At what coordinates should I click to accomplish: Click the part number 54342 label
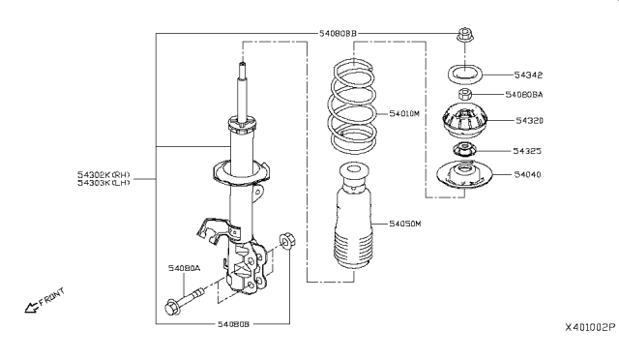pyautogui.click(x=528, y=75)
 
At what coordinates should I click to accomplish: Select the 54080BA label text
pyautogui.click(x=524, y=95)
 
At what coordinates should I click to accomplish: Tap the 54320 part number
pyautogui.click(x=529, y=121)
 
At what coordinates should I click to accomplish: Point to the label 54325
pyautogui.click(x=527, y=151)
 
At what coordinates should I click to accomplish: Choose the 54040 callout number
pyautogui.click(x=527, y=174)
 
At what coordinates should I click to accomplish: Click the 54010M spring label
pyautogui.click(x=404, y=114)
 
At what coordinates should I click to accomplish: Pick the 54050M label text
pyautogui.click(x=405, y=224)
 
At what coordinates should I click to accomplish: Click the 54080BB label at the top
pyautogui.click(x=338, y=33)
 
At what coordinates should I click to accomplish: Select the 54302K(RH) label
pyautogui.click(x=103, y=174)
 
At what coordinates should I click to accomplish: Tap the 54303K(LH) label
pyautogui.click(x=103, y=183)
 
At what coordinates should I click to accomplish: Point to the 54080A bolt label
pyautogui.click(x=185, y=269)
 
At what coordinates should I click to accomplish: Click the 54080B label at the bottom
pyautogui.click(x=234, y=324)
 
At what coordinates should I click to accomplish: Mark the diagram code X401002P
pyautogui.click(x=590, y=328)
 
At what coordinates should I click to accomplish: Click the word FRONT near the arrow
pyautogui.click(x=51, y=297)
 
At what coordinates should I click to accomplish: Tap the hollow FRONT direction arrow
pyautogui.click(x=32, y=307)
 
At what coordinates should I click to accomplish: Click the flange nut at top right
pyautogui.click(x=465, y=35)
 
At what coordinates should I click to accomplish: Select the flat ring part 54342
pyautogui.click(x=465, y=69)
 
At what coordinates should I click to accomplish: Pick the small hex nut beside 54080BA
pyautogui.click(x=465, y=95)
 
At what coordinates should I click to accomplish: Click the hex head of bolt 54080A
pyautogui.click(x=172, y=308)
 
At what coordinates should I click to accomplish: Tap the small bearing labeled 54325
pyautogui.click(x=464, y=150)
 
